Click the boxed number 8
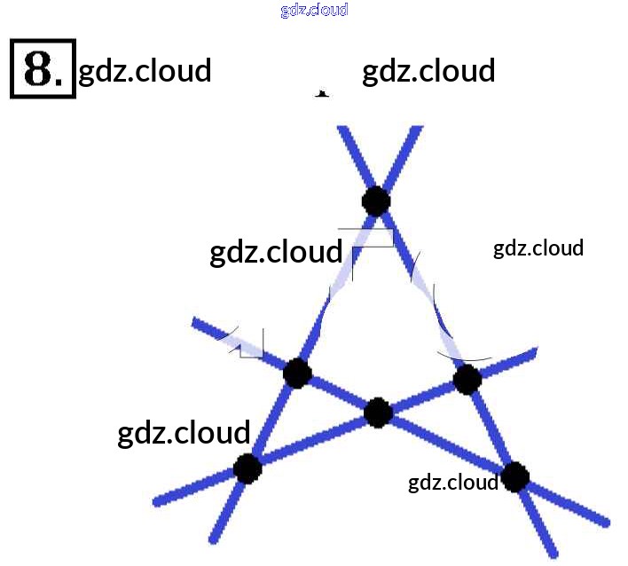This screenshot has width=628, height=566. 43,67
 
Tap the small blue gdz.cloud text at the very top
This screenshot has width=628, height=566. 314,10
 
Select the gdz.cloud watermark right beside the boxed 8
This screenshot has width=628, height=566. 145,70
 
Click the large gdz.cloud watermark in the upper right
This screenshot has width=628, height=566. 428,70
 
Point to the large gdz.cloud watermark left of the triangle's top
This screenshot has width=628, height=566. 276,252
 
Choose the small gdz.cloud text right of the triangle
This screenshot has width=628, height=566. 538,248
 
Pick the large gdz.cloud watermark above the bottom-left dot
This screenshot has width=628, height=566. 184,433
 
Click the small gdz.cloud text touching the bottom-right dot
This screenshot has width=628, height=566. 453,483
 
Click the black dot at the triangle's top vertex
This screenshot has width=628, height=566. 376,200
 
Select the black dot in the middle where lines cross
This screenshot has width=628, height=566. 379,412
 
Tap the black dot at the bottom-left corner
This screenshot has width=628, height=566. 247,468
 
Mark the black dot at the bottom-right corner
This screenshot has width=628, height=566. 514,477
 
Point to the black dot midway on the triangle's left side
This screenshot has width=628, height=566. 297,373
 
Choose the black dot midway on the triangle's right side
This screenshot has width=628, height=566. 467,380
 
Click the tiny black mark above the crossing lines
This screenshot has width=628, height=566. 323,92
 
